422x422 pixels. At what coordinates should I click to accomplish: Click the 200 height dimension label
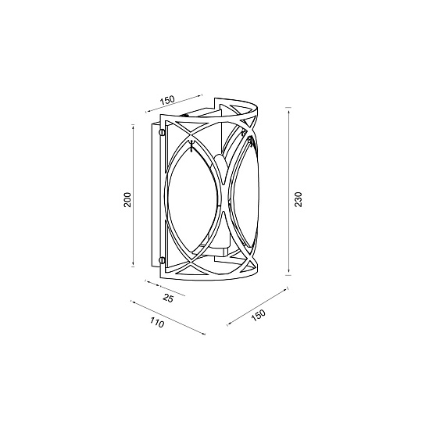coord(127,199)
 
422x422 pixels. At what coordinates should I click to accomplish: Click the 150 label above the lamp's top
coord(166,100)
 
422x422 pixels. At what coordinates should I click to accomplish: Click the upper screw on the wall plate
coord(162,133)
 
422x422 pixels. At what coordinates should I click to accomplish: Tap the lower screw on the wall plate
coord(162,259)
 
